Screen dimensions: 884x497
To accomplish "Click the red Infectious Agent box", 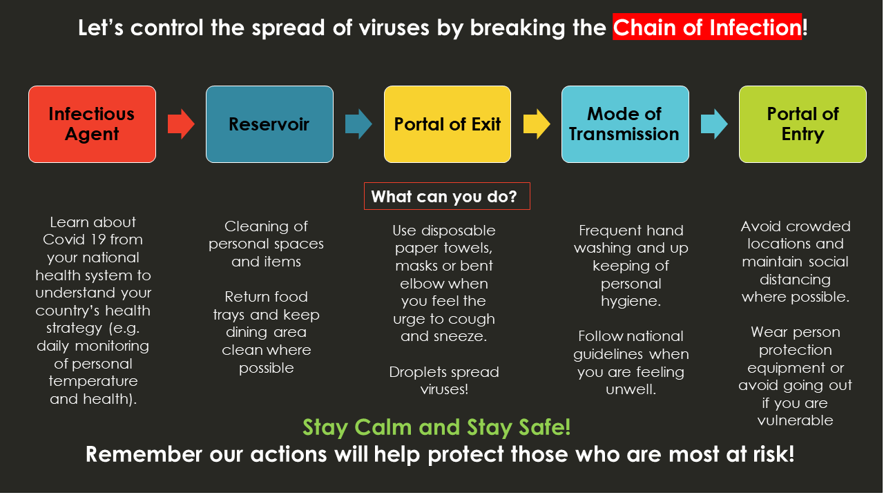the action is [x=93, y=124].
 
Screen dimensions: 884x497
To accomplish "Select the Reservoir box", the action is [x=269, y=124].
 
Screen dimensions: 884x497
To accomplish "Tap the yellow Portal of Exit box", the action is [x=448, y=124].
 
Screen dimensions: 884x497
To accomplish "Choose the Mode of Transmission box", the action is [x=625, y=124].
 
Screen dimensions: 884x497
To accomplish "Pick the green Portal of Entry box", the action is [x=803, y=124].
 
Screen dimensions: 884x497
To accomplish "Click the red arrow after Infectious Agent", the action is [x=181, y=124].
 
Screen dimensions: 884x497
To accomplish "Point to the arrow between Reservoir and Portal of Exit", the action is [x=358, y=124].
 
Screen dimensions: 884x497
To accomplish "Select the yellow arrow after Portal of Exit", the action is [x=537, y=124].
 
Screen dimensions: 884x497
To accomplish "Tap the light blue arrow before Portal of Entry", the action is [x=714, y=124].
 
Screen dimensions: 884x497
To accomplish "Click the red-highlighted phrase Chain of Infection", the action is [x=707, y=27].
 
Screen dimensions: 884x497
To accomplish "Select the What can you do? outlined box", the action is [x=447, y=196].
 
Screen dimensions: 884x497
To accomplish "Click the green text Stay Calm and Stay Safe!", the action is [x=436, y=427].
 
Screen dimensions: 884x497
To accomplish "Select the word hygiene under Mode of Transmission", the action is [x=631, y=302].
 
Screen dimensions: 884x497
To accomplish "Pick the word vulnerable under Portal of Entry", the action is [x=795, y=420].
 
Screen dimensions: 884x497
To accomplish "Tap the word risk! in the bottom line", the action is [x=773, y=454].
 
